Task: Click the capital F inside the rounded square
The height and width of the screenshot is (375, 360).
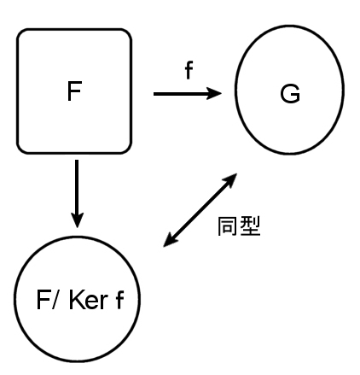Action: point(74,91)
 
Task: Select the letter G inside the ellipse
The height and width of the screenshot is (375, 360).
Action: point(290,93)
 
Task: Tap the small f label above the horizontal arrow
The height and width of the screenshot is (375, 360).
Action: point(189,70)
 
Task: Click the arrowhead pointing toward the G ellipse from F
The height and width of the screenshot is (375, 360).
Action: point(214,93)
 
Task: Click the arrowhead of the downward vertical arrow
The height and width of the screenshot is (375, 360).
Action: point(77,220)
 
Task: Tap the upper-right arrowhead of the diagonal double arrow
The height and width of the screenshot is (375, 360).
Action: point(229,180)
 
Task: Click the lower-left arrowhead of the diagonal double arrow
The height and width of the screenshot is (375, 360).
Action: point(171,239)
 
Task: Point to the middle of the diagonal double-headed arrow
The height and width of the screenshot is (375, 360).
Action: point(200,210)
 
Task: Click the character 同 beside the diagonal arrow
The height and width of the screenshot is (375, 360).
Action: point(228,226)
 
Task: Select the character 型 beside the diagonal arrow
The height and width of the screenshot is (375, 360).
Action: point(250,226)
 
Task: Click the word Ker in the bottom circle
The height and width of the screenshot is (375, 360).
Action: point(89,300)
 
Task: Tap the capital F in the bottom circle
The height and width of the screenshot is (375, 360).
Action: point(44,300)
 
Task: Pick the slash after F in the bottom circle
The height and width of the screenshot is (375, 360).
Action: point(55,300)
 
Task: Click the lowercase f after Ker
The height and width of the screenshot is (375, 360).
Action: point(120,300)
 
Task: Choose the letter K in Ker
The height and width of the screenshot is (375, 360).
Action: point(76,300)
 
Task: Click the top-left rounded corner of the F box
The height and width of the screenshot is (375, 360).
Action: point(21,33)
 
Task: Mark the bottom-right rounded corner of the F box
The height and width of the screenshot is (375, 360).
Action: point(127,149)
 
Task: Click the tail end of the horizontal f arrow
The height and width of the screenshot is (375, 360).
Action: point(154,94)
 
